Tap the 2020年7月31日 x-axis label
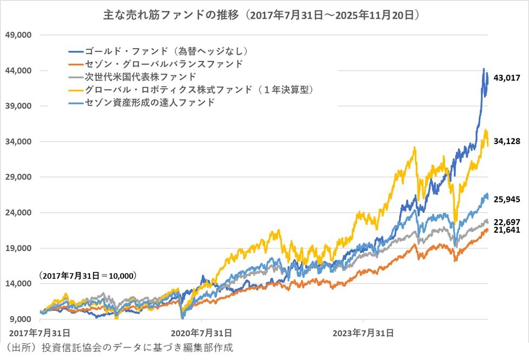(201, 332)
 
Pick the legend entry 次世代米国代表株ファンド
(140, 77)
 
